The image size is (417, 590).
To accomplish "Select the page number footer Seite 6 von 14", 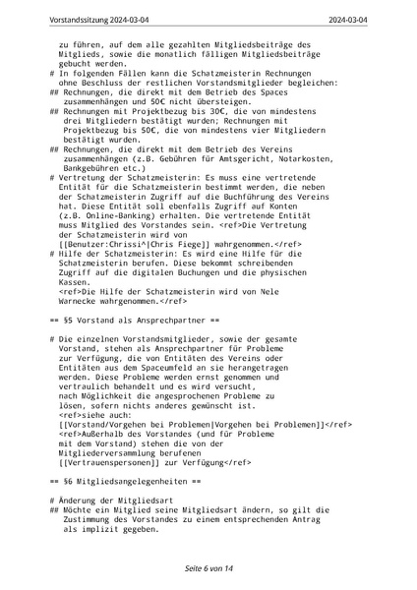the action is [208, 568].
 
